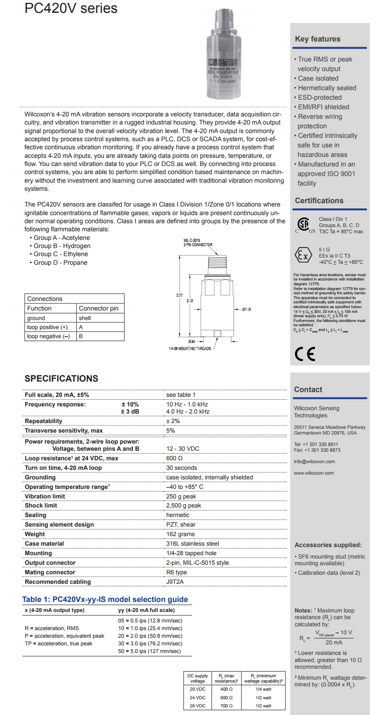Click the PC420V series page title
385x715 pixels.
click(x=71, y=9)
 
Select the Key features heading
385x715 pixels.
click(x=318, y=39)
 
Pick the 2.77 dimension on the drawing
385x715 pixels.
click(x=179, y=296)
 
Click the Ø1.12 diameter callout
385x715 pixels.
click(x=246, y=310)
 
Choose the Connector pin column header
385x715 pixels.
click(x=99, y=309)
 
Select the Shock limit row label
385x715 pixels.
click(x=41, y=506)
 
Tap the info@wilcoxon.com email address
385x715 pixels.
click(x=314, y=461)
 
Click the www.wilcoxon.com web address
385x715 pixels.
click(x=314, y=473)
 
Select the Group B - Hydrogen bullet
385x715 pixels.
click(x=61, y=246)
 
